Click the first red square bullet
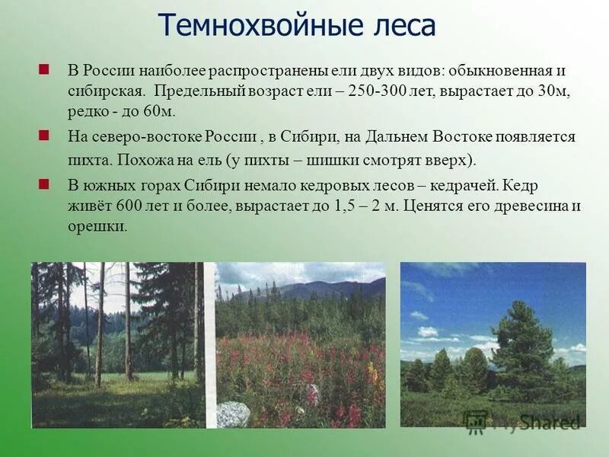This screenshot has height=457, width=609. click(x=44, y=69)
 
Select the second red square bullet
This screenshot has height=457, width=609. click(x=44, y=136)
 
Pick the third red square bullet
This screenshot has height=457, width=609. click(x=44, y=184)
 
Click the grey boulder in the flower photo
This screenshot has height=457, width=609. click(x=234, y=414)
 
